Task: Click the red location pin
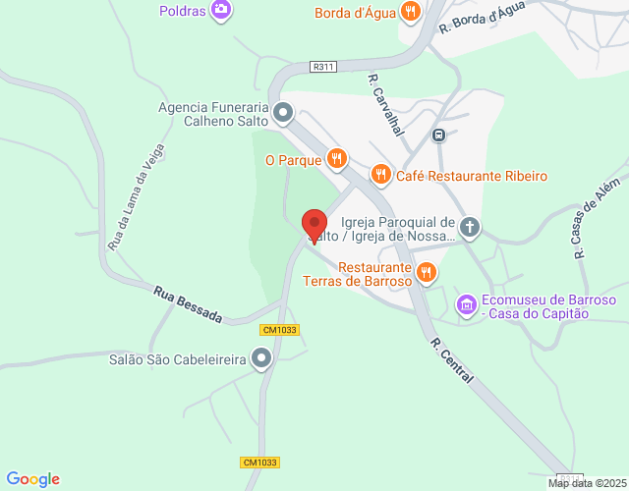tap(314, 225)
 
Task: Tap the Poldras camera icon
tap(222, 10)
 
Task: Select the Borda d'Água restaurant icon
tap(410, 13)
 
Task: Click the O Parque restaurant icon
tap(337, 158)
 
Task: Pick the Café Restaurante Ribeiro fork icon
tap(380, 175)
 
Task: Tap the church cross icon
tap(470, 228)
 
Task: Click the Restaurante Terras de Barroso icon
tap(426, 272)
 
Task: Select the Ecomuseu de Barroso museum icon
tap(467, 306)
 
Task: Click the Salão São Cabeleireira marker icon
tap(260, 359)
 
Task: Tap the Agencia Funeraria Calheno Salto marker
tap(283, 114)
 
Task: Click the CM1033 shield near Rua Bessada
tap(280, 330)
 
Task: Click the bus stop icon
tap(438, 135)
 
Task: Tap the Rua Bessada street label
tap(188, 304)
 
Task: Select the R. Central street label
tap(452, 360)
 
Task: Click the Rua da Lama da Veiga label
tap(135, 196)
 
